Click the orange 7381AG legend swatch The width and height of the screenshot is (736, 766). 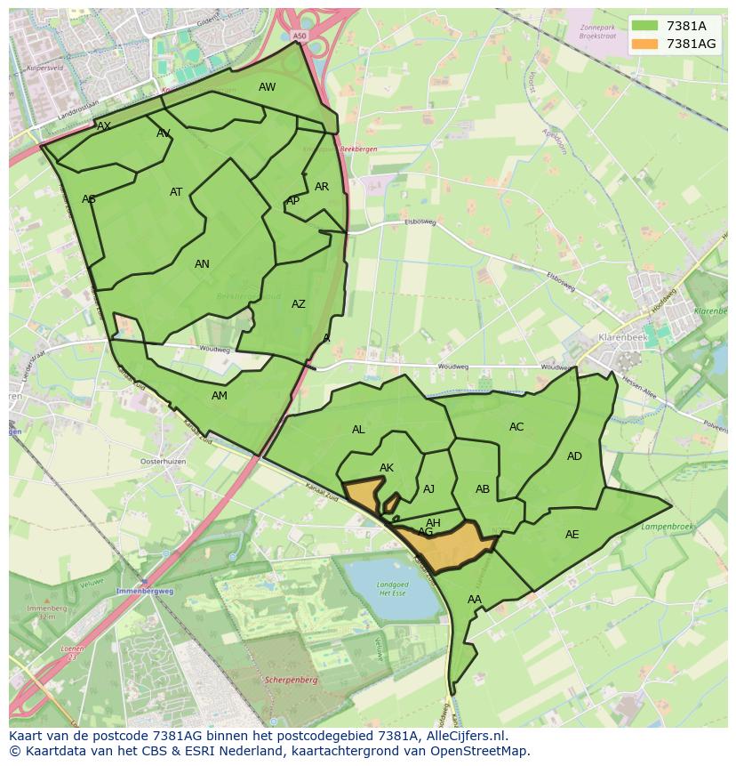pos(646,44)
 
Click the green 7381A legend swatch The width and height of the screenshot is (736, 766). pos(646,26)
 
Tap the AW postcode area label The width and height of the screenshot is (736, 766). pos(267,87)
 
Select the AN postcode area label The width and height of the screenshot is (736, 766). pos(202,264)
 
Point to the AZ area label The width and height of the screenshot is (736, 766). pos(299,304)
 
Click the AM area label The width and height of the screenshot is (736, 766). pos(220,396)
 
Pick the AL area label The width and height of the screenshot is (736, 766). pos(358,430)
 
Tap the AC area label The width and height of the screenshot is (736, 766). pos(516,427)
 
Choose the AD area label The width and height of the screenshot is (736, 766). pos(574,456)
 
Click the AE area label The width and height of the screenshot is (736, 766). pos(572,535)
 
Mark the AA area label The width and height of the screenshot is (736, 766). pos(475,600)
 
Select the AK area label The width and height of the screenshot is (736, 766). pos(387,468)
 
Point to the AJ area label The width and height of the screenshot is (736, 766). pos(428,489)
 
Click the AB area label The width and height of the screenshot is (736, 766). pos(483,489)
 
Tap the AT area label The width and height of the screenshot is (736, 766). pos(176,192)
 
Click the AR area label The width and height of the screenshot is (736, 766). pos(322,187)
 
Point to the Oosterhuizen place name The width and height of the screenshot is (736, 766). pos(163,462)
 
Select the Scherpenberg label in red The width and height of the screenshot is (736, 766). pos(292,680)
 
